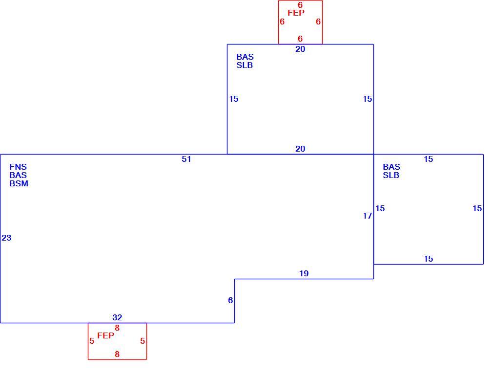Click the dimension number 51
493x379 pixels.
point(186,159)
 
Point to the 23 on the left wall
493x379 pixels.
point(6,238)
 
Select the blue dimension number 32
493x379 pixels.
point(117,317)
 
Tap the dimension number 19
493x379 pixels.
point(304,273)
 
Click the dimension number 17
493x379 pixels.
point(367,216)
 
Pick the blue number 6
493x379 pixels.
point(230,301)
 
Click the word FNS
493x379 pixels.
point(18,167)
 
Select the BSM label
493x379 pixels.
point(19,183)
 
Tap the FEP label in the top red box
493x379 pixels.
point(296,13)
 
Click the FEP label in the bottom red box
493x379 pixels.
point(105,335)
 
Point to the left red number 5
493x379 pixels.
point(92,341)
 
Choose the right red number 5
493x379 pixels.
point(143,341)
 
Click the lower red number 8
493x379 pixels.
point(117,354)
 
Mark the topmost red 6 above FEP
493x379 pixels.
point(300,5)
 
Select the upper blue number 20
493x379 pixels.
point(300,49)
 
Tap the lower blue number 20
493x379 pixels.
point(300,149)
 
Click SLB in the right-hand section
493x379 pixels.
point(391,175)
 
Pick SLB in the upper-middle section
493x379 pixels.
point(245,65)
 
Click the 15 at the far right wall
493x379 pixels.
point(477,208)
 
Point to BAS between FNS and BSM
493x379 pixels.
point(18,175)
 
